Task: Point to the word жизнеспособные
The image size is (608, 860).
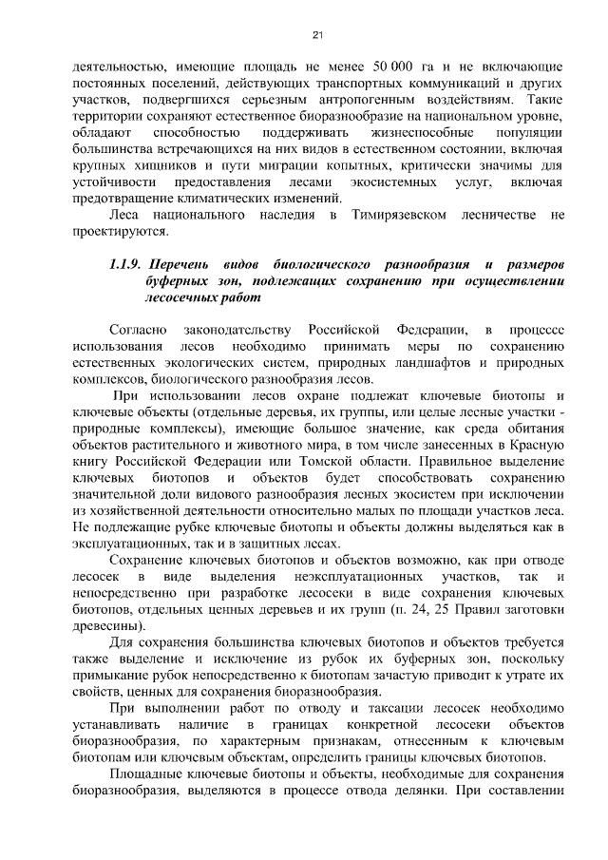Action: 411,132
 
